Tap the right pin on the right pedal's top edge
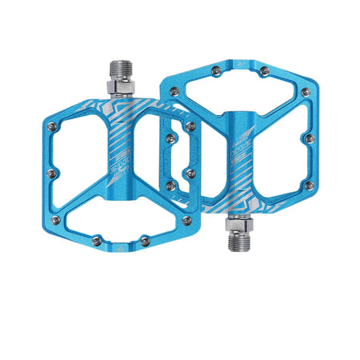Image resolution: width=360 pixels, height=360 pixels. pos(263,72)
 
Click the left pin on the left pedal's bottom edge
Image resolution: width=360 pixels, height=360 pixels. pos(97,239)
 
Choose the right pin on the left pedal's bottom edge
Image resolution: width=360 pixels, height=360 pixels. pos(145,240)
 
